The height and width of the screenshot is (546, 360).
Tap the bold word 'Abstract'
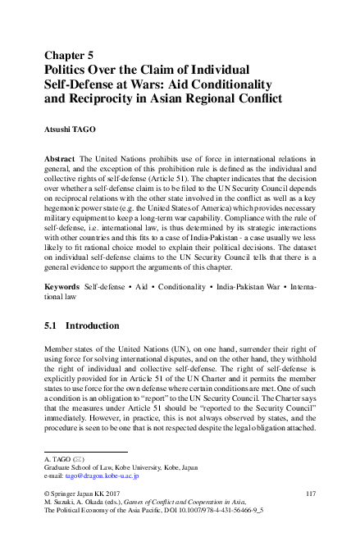click(x=60, y=156)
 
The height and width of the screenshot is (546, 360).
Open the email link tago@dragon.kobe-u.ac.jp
click(x=103, y=475)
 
